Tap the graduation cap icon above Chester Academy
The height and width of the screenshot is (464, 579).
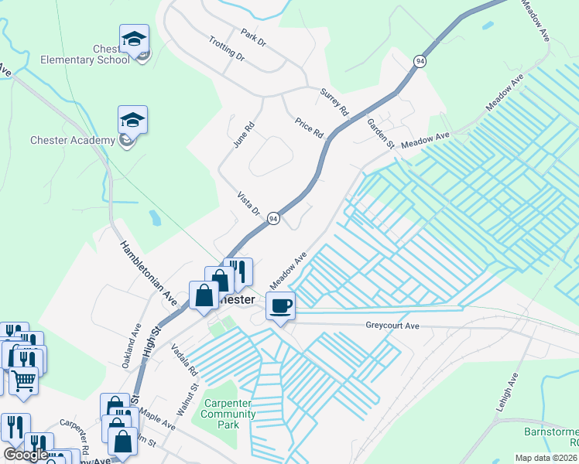[132, 120]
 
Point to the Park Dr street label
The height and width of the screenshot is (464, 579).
[253, 38]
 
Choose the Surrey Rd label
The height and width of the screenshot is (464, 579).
[334, 103]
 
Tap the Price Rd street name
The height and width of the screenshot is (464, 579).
[309, 128]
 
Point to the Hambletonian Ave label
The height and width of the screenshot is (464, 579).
[149, 272]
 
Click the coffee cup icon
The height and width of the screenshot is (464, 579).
[280, 305]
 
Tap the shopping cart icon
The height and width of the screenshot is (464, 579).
[23, 381]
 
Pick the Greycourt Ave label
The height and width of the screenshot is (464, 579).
[392, 326]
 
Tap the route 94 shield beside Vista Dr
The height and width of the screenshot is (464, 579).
[273, 220]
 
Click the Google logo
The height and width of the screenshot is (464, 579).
[26, 455]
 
